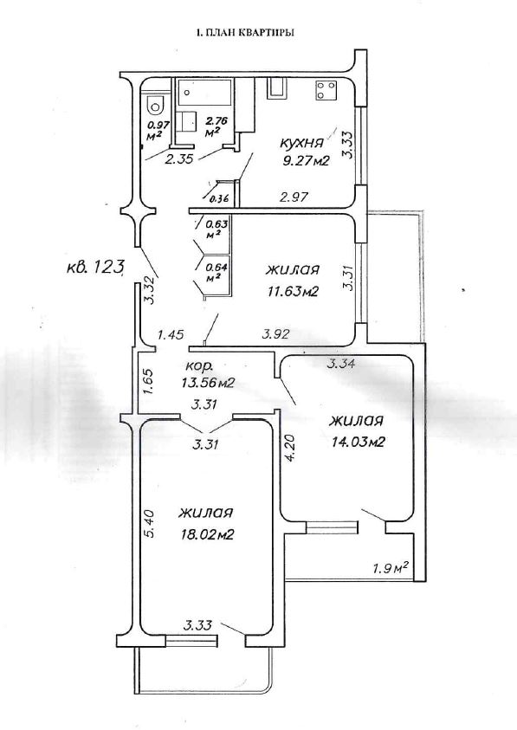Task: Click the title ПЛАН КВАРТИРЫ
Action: pyautogui.click(x=249, y=33)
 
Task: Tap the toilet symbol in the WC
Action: pyautogui.click(x=154, y=105)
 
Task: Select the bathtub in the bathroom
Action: pyautogui.click(x=205, y=94)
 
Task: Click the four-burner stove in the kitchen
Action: pyautogui.click(x=326, y=91)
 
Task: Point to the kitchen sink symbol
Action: pyautogui.click(x=277, y=88)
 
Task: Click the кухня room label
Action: pyautogui.click(x=301, y=143)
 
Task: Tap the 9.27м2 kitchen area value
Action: pyautogui.click(x=306, y=161)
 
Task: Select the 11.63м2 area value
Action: pyautogui.click(x=293, y=292)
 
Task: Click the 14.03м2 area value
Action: pyautogui.click(x=358, y=442)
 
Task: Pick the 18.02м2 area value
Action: pyautogui.click(x=207, y=534)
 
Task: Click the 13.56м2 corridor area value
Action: pyautogui.click(x=208, y=383)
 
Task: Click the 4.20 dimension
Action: pyautogui.click(x=292, y=448)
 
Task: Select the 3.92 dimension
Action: pyautogui.click(x=276, y=333)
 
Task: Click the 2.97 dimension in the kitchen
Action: pyautogui.click(x=294, y=197)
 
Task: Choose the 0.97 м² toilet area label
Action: pyautogui.click(x=158, y=130)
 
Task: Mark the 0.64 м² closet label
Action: pyautogui.click(x=215, y=272)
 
